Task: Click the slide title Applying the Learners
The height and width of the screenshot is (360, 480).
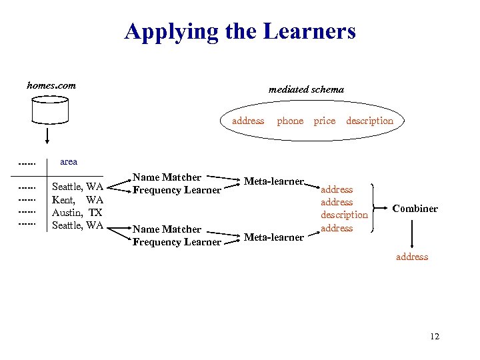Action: coord(240,31)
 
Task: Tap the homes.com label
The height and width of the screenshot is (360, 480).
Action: coord(51,85)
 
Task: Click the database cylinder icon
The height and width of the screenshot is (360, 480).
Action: coord(50,111)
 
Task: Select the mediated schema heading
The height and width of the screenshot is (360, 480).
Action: coord(306,89)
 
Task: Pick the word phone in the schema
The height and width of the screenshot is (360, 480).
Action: coord(290,121)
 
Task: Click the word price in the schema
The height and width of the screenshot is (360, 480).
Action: coord(325,121)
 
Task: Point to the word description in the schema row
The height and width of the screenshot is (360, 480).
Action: coord(369,121)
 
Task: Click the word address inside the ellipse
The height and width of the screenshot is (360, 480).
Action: coord(248,121)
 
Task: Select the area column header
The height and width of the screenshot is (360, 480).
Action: coord(69,161)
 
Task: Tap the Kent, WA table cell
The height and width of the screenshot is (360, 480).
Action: coord(77,200)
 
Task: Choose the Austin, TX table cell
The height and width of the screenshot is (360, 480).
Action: coord(77,213)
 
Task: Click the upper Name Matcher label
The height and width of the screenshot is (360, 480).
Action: coord(167,177)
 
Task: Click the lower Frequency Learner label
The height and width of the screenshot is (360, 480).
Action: coord(177,242)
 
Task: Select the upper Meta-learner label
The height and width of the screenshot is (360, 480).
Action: coord(274,181)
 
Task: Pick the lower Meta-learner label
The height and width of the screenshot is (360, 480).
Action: coord(274,237)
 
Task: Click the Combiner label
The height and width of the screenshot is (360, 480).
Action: coord(415,209)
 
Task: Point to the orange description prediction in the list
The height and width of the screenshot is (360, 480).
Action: coord(344,215)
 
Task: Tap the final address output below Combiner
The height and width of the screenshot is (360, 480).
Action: coord(412,257)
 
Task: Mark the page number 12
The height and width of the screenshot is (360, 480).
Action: coord(435,337)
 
